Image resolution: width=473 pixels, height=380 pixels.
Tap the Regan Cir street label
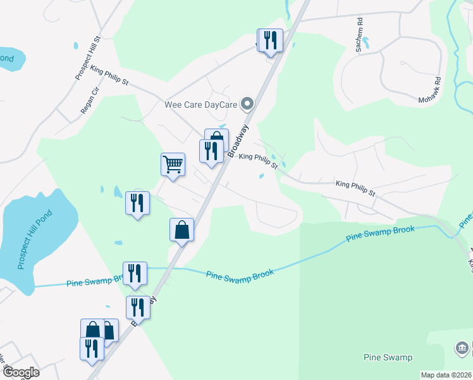[90, 100]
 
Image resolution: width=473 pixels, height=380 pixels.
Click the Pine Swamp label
[388, 358]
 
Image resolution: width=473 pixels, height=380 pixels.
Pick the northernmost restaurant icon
[271, 41]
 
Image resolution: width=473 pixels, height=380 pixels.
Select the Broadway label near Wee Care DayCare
[239, 139]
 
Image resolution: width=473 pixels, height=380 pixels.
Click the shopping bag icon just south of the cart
[181, 230]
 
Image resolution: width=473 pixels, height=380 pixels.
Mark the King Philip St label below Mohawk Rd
[355, 187]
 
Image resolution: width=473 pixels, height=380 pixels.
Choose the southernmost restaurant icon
[92, 349]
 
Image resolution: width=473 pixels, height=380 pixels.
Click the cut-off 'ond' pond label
[6, 58]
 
